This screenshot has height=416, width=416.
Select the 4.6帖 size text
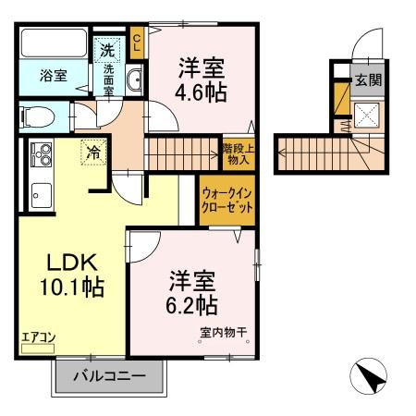tap(202, 93)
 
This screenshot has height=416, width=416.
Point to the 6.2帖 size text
tap(193, 302)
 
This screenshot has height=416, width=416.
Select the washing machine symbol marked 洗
tap(108, 47)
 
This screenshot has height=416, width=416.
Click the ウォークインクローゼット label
tap(226, 201)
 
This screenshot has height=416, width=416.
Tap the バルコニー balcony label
tap(112, 376)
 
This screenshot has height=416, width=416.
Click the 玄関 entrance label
tap(368, 80)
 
